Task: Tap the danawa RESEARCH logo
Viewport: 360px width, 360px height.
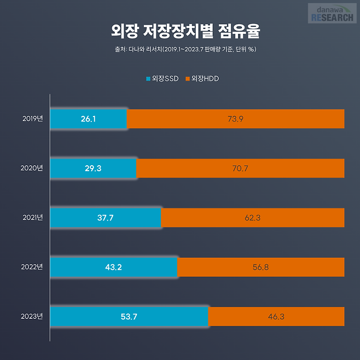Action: (332, 13)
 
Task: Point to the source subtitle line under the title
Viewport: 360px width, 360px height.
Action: (181, 50)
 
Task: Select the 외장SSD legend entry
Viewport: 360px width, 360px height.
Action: (162, 79)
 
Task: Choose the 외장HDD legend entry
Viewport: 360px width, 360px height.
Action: (202, 79)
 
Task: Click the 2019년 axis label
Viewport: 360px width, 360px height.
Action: (32, 119)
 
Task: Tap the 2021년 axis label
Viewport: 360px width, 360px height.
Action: (32, 218)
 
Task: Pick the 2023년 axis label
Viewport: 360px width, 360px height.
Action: (32, 316)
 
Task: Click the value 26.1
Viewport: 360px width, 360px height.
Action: (88, 119)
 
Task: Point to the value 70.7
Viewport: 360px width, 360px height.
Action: (240, 168)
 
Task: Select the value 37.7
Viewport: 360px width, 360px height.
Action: (105, 218)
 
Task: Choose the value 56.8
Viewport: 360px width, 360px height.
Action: (260, 267)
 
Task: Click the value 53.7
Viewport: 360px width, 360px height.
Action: (129, 316)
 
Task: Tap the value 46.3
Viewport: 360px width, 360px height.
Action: (276, 316)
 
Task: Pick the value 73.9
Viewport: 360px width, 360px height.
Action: (235, 119)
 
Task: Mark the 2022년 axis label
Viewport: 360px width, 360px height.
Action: (32, 267)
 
